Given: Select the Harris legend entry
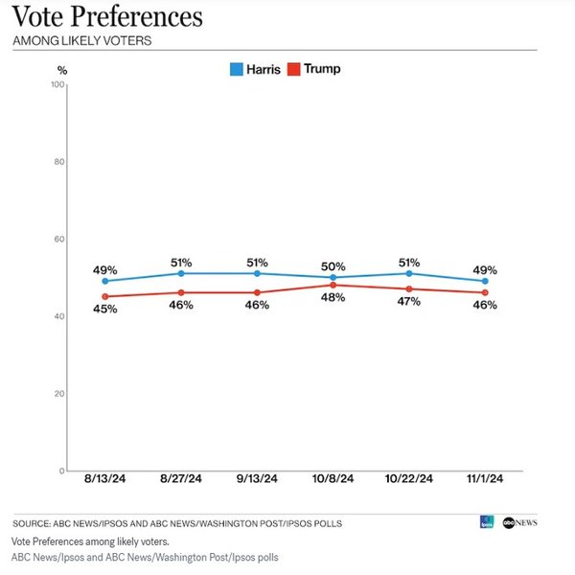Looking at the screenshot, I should coord(255,69).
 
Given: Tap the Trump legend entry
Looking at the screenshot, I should coord(314,69).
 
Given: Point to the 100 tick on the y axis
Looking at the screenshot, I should coord(57,85).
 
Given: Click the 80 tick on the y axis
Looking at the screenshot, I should coord(59,162).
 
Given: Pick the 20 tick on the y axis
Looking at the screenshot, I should coord(59,394).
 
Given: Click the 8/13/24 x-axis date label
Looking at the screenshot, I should coord(104,479).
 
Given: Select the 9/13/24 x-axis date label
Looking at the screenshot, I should coord(257,479).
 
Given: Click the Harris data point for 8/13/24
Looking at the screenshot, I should coord(104,281).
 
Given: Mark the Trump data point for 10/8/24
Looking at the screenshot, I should coord(333,285).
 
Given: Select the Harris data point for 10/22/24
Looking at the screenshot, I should coord(408,273).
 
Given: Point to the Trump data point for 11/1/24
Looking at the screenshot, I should coord(485,292).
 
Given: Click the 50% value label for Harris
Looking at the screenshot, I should coord(333,264).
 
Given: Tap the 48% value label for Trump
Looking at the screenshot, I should coord(333,298).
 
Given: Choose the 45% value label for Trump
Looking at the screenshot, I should coord(104,309).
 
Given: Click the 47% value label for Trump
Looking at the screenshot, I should coord(408,302).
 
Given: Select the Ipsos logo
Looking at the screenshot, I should coord(487,522).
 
